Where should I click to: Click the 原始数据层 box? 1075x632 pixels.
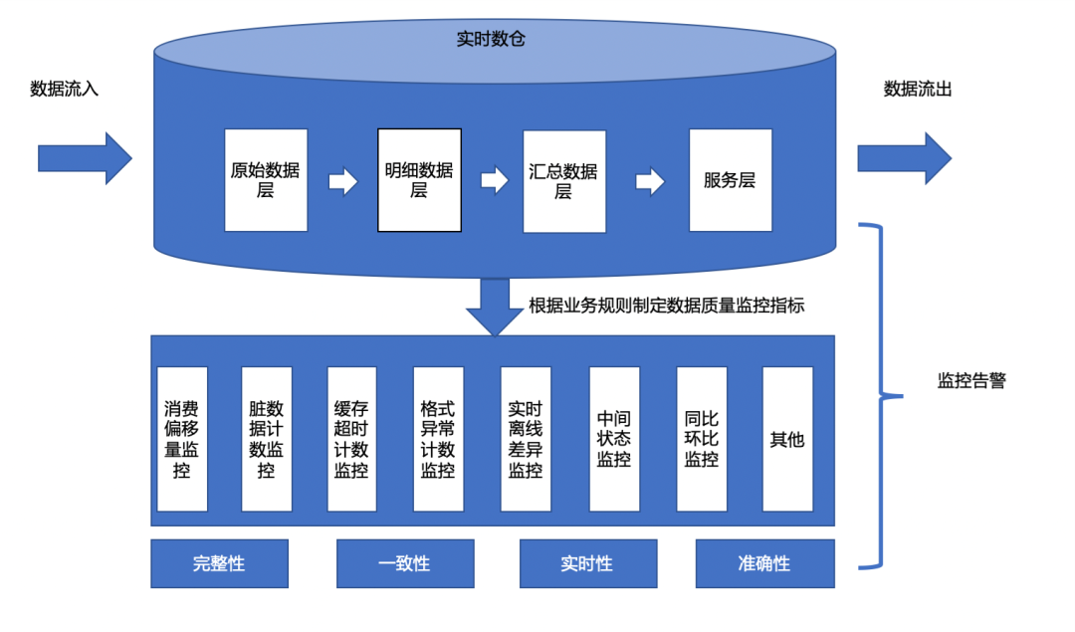pyautogui.click(x=266, y=180)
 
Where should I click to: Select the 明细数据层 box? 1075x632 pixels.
pyautogui.click(x=419, y=180)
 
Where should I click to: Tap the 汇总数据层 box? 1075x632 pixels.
pyautogui.click(x=564, y=181)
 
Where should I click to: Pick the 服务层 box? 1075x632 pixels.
pyautogui.click(x=731, y=180)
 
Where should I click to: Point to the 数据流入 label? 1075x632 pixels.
pyautogui.click(x=65, y=89)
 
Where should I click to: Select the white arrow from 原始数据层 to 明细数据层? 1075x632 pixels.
pyautogui.click(x=343, y=182)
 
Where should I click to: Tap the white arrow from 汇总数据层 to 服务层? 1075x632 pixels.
pyautogui.click(x=650, y=182)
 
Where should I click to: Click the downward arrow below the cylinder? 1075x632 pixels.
pyautogui.click(x=494, y=305)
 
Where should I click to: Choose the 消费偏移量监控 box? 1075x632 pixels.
pyautogui.click(x=182, y=439)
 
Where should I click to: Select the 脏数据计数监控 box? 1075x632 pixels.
pyautogui.click(x=267, y=439)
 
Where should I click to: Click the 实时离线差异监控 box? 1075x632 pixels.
pyautogui.click(x=526, y=439)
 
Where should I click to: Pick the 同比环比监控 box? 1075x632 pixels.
pyautogui.click(x=702, y=439)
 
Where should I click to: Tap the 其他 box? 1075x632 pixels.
pyautogui.click(x=787, y=439)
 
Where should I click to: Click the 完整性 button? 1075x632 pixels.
pyautogui.click(x=219, y=563)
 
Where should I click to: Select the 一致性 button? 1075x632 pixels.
pyautogui.click(x=405, y=563)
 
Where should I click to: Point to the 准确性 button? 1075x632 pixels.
pyautogui.click(x=764, y=563)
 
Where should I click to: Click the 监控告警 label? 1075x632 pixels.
pyautogui.click(x=971, y=381)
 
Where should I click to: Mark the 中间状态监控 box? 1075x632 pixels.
pyautogui.click(x=614, y=439)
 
